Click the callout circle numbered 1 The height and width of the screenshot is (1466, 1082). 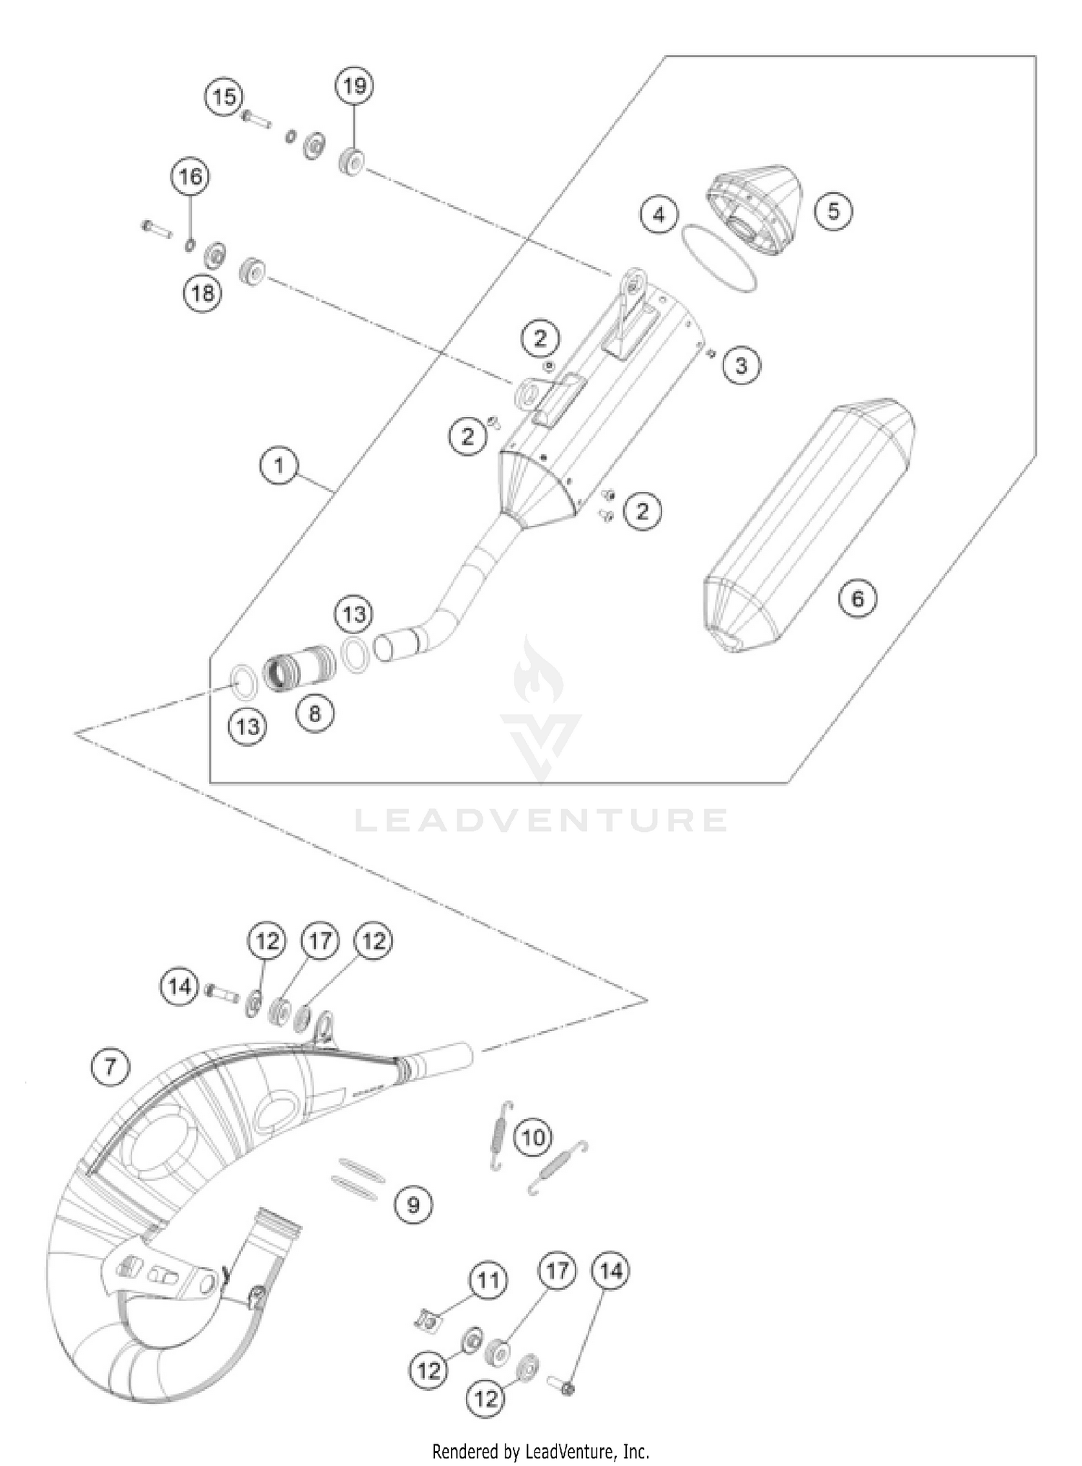pos(279,465)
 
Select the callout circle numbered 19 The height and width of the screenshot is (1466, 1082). pos(354,87)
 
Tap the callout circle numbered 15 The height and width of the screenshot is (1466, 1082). pos(224,96)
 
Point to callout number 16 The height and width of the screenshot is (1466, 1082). pos(190,177)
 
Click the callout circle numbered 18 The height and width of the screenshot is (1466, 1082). pos(203,293)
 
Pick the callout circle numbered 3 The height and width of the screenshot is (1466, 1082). pos(742,365)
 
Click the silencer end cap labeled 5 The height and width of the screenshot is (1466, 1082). pos(754,209)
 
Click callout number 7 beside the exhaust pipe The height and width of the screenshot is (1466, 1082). pos(110,1066)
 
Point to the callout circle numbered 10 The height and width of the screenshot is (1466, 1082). pos(533,1138)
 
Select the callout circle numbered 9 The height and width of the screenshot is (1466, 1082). pos(413,1204)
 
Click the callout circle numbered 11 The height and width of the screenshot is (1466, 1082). pos(488,1281)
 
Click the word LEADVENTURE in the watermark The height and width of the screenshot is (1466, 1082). pos(541,820)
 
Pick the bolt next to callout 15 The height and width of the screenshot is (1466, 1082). pos(257,118)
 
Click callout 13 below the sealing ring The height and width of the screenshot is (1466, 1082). pos(247,726)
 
